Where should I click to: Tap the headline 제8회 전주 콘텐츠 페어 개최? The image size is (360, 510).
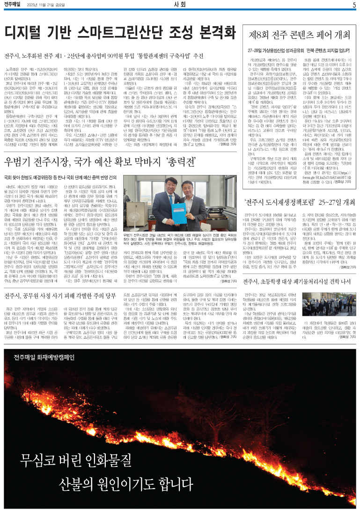(300, 35)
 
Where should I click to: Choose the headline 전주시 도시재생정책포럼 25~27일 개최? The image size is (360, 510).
(300, 203)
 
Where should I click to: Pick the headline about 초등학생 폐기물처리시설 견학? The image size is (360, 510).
(300, 282)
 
